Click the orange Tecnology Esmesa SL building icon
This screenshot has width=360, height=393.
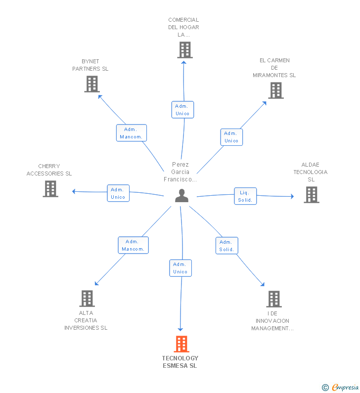pyautogui.click(x=181, y=344)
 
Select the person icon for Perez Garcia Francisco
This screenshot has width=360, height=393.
pyautogui.click(x=181, y=196)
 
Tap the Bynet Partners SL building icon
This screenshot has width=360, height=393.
pyautogui.click(x=92, y=84)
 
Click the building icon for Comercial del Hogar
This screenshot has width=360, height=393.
pyautogui.click(x=184, y=50)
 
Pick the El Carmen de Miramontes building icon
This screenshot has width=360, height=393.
pyautogui.click(x=276, y=90)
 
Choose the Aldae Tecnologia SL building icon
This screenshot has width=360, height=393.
pyautogui.click(x=311, y=195)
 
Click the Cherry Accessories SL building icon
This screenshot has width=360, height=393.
pyautogui.click(x=50, y=189)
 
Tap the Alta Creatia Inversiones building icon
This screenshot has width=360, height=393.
pyautogui.click(x=87, y=299)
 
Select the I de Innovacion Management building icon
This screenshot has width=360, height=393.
pyautogui.click(x=273, y=299)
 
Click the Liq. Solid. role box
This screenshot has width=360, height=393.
pyautogui.click(x=245, y=196)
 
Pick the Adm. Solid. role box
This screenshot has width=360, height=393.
pyautogui.click(x=226, y=246)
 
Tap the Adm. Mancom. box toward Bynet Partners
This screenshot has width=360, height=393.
pyautogui.click(x=132, y=133)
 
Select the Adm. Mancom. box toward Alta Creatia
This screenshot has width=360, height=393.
pyautogui.click(x=133, y=245)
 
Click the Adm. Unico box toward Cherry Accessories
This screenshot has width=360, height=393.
pyautogui.click(x=118, y=193)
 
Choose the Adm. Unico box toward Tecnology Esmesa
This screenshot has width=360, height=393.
pyautogui.click(x=180, y=268)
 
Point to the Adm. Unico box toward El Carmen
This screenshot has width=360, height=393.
pyautogui.click(x=231, y=137)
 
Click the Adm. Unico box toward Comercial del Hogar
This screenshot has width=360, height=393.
pyautogui.click(x=182, y=110)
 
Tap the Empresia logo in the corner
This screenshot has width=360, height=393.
pyautogui.click(x=341, y=388)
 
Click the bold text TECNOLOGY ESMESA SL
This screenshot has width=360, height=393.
pyautogui.click(x=180, y=362)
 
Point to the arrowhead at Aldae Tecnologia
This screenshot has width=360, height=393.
pyautogui.click(x=292, y=196)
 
